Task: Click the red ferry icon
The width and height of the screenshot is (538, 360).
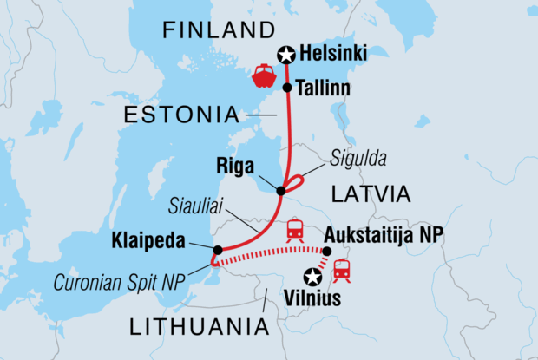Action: [264, 76]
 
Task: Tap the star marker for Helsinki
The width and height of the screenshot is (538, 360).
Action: [285, 56]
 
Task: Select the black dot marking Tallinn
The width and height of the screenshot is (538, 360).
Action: [287, 88]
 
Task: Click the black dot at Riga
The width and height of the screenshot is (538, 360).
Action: [282, 190]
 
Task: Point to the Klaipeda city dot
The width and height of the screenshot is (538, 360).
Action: [217, 250]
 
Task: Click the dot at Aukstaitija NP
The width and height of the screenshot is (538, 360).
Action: [328, 252]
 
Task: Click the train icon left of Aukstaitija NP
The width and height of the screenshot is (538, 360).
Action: [295, 230]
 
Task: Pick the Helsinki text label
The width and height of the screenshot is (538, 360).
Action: [332, 55]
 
